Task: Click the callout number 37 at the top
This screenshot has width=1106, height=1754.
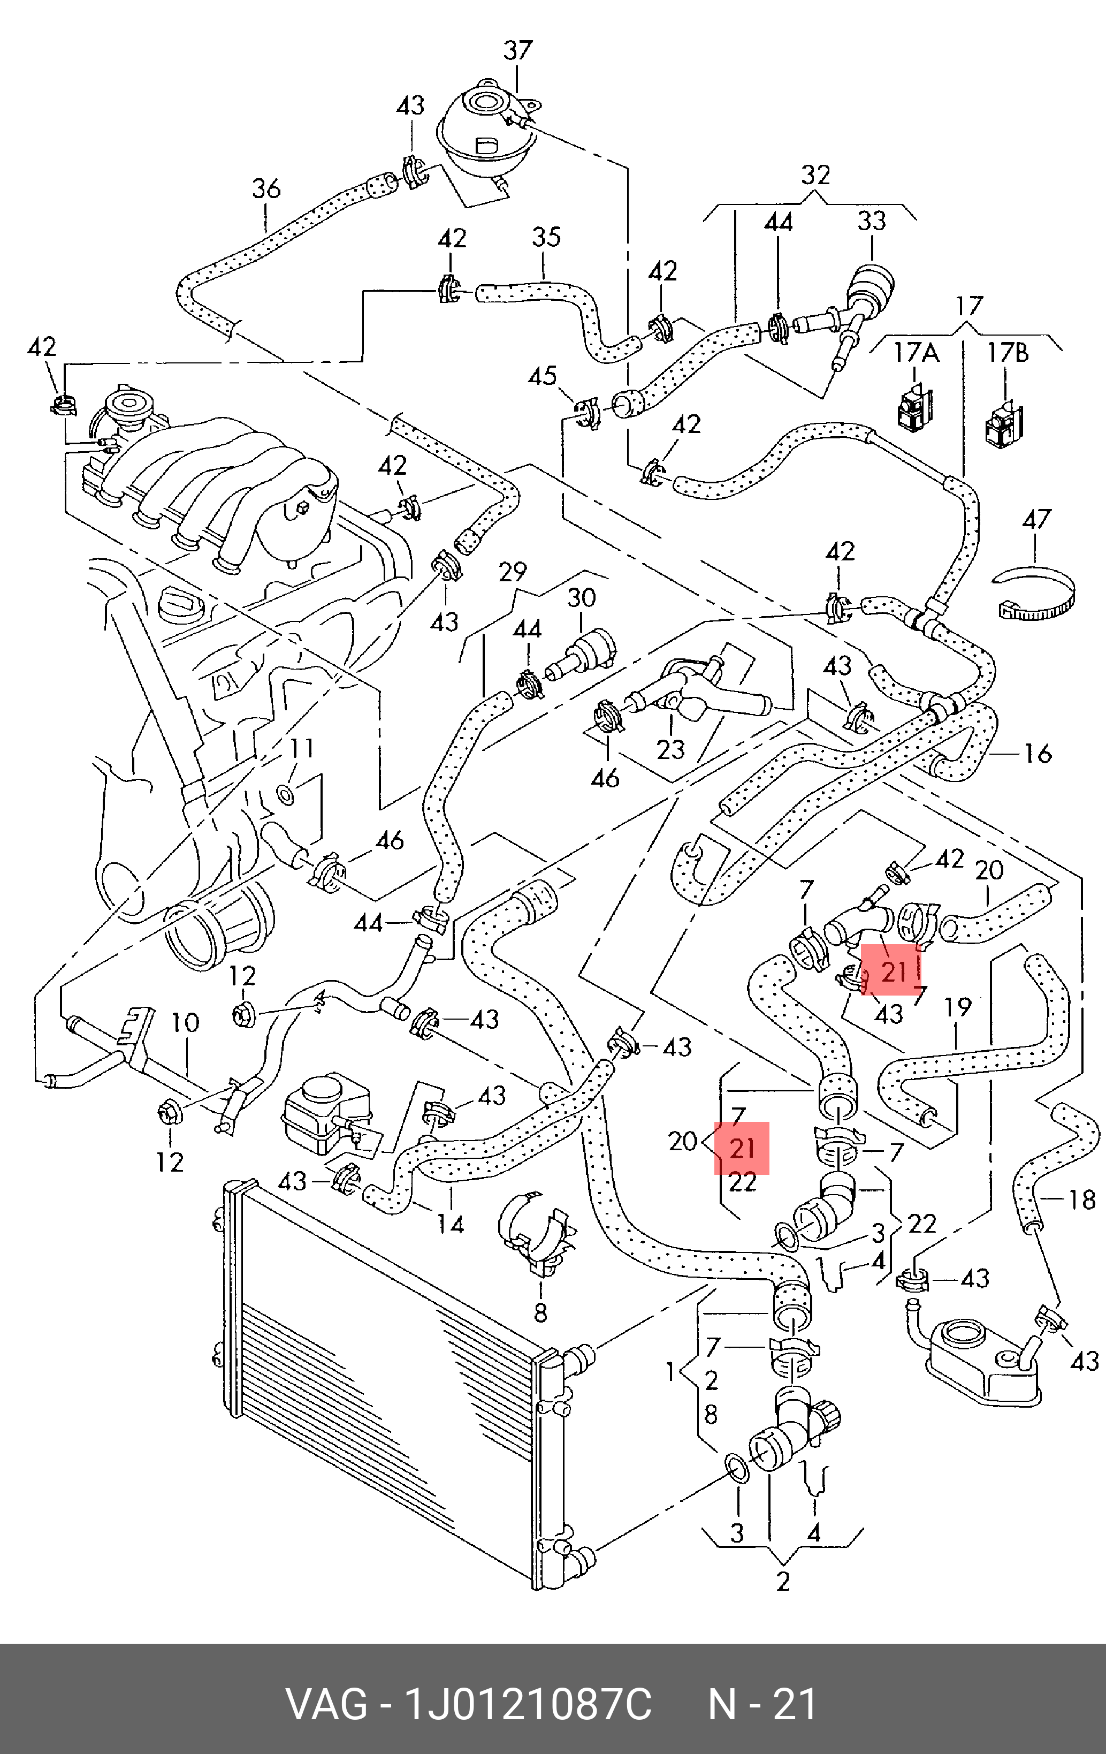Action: tap(518, 51)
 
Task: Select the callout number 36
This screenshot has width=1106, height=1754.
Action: tap(266, 188)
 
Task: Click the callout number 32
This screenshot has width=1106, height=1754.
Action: tap(815, 176)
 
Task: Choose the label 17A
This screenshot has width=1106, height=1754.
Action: tap(916, 353)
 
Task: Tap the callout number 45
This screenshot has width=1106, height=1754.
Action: tap(543, 377)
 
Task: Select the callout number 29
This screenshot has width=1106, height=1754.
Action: tap(513, 572)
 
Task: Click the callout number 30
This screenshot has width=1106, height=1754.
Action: tap(581, 598)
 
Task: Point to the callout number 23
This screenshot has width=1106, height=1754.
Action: tap(670, 749)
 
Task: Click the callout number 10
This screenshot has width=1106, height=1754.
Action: tap(185, 1023)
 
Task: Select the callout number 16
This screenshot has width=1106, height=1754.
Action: tap(1037, 753)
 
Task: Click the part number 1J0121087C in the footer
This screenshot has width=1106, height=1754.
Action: tap(528, 1705)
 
